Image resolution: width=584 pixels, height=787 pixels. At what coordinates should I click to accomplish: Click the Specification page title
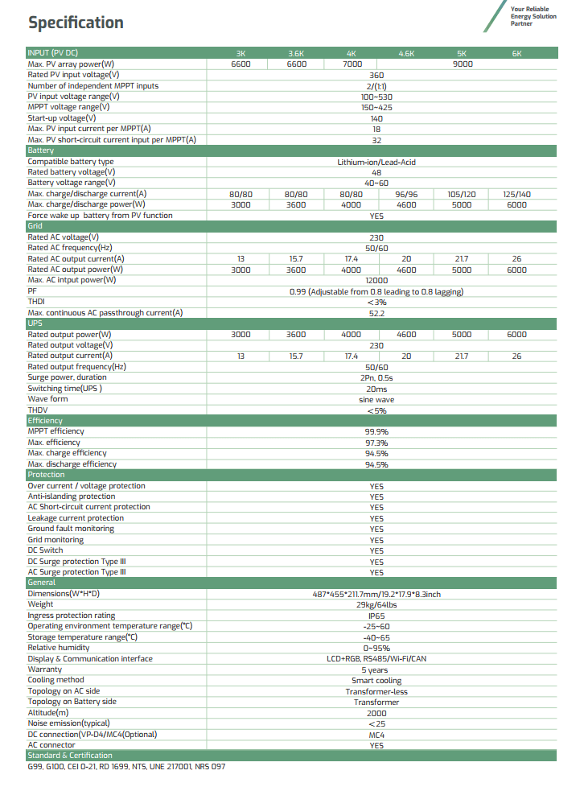(76, 23)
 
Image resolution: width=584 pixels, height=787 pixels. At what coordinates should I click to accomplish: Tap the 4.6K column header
(406, 53)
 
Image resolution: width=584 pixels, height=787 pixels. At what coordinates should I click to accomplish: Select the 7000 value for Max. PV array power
(352, 64)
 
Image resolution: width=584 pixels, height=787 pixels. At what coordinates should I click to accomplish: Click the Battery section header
(41, 150)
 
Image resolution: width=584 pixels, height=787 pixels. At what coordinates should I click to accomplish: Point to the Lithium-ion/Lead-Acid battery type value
(376, 162)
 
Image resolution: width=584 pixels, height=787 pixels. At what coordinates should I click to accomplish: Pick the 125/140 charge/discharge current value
(516, 194)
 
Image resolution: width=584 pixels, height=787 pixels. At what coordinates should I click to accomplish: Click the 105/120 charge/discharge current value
(462, 194)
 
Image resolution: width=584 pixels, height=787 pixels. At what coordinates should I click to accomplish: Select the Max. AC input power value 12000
(376, 281)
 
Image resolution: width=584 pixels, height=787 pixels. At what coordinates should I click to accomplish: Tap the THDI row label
(37, 302)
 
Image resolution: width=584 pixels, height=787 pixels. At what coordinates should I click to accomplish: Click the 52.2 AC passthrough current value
(376, 313)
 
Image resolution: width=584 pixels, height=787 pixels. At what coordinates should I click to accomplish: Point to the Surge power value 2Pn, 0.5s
(376, 377)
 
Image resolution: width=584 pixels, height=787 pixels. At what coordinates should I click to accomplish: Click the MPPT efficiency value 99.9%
(376, 432)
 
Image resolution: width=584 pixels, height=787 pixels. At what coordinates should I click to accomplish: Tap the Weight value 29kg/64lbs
(376, 604)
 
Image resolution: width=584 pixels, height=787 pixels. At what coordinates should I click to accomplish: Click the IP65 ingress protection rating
(376, 616)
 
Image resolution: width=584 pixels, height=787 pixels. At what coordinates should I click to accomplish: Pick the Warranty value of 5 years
(376, 670)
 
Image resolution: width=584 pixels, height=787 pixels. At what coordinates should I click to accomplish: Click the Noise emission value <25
(376, 723)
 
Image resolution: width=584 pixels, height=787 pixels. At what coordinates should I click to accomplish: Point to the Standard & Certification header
(70, 756)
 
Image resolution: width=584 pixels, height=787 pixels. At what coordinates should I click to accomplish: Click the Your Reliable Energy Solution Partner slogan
(533, 16)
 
